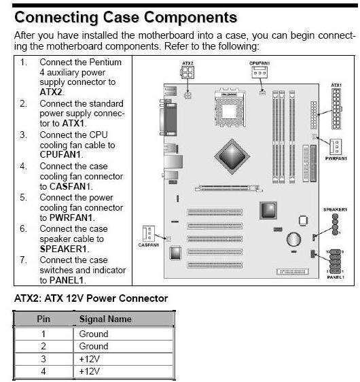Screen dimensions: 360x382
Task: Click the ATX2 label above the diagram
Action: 187,63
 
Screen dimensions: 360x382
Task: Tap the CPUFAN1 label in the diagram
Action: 259,63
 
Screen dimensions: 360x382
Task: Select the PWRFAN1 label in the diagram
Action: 336,158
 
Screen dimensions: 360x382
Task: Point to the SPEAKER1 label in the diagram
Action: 335,209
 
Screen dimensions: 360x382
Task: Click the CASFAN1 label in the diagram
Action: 149,245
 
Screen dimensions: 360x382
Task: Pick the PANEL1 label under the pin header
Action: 336,277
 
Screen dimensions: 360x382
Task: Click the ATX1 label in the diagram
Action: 336,85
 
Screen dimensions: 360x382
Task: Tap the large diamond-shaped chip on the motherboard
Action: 232,156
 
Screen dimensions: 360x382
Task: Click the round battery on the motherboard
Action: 293,239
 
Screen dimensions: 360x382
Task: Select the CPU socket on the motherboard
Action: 230,108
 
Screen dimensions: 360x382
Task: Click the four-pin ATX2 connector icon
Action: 187,73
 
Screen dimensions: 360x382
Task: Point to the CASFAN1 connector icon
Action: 149,233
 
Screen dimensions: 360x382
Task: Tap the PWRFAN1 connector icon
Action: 336,147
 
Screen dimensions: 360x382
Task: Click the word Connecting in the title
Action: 56,17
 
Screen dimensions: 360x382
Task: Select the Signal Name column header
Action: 105,319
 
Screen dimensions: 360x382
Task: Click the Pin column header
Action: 43,319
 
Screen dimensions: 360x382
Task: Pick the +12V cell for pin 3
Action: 90,359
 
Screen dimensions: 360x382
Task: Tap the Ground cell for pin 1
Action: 94,334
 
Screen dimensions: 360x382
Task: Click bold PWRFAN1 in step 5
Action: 71,218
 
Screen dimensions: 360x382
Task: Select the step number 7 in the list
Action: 23,260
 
